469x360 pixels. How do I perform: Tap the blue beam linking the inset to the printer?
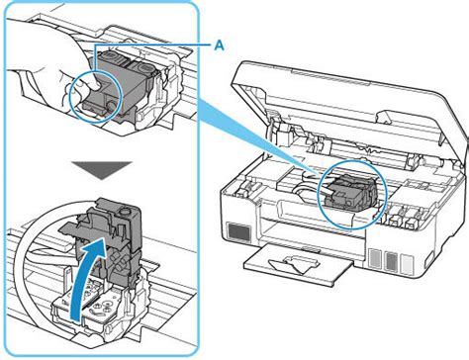[247, 138]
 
